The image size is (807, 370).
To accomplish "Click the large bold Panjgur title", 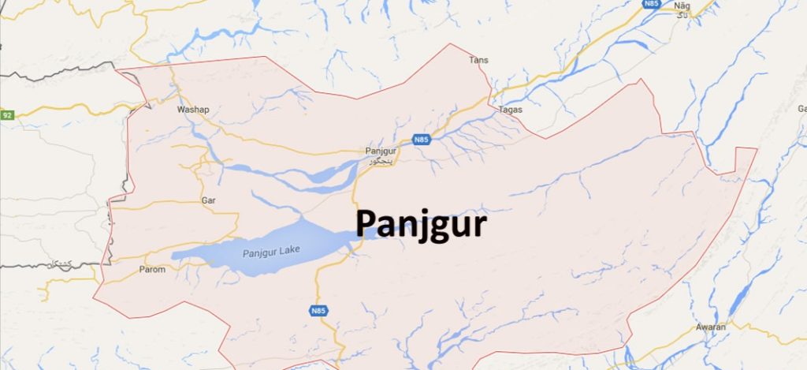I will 420,225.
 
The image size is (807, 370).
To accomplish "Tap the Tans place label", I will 478,60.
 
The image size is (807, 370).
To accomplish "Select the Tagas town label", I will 511,110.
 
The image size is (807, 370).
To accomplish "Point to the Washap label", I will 194,110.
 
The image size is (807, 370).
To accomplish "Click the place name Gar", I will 209,201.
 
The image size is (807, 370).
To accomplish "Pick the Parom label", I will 152,270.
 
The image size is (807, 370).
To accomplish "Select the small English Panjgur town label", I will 380,151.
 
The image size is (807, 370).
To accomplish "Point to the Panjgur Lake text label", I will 266,252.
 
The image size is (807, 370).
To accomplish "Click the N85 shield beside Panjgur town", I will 422,140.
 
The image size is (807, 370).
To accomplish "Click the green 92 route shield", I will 7,115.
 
